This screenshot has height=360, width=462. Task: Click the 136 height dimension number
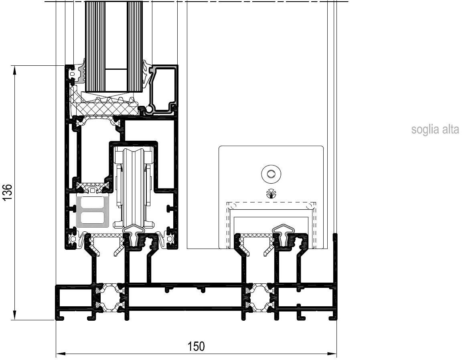click(x=7, y=192)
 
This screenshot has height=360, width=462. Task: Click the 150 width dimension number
click(x=196, y=346)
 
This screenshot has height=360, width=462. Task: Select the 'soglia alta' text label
click(x=435, y=129)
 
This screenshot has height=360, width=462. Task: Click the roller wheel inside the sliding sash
click(x=134, y=187)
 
